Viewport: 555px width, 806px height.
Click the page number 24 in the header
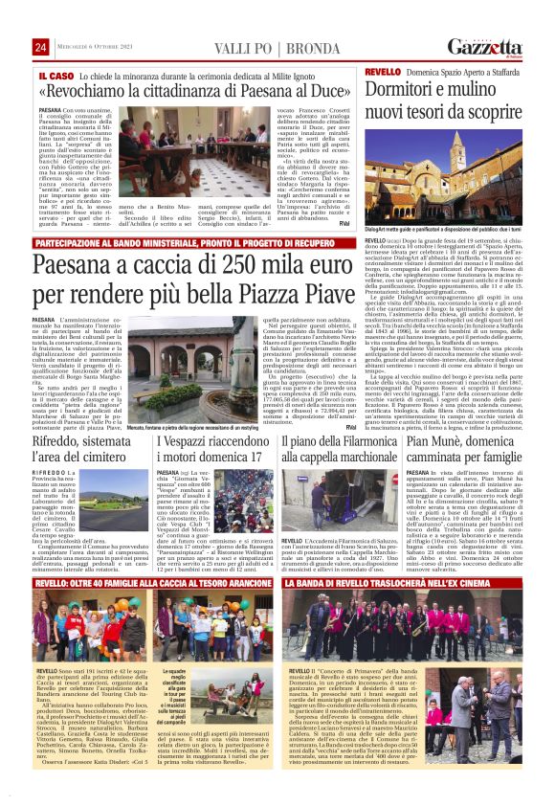[x=41, y=48]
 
